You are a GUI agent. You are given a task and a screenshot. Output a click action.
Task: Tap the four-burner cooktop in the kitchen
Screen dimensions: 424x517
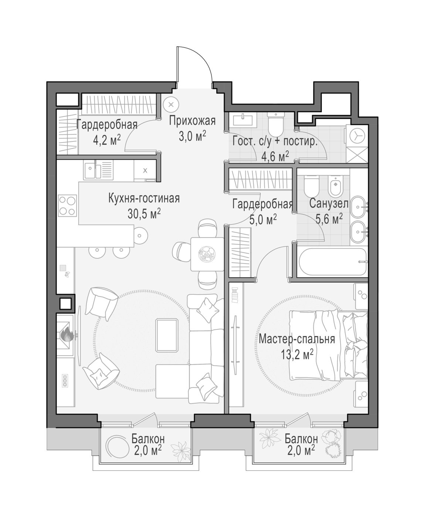click(68, 206)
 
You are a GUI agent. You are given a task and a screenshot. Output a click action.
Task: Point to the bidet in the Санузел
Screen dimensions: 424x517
click(336, 186)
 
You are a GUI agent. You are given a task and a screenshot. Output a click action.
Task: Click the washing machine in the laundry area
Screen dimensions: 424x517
click(357, 136)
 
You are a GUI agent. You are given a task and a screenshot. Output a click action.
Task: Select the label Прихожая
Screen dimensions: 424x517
click(192, 121)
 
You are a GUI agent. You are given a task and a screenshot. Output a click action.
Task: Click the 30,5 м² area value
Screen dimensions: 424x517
click(144, 214)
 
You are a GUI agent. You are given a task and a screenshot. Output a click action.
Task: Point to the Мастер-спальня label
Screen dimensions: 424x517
click(297, 339)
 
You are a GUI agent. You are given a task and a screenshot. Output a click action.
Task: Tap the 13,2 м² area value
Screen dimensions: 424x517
click(297, 355)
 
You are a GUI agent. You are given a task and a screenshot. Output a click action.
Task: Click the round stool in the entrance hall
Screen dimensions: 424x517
click(171, 105)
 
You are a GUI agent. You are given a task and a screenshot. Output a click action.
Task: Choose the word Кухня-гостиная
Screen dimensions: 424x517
click(144, 198)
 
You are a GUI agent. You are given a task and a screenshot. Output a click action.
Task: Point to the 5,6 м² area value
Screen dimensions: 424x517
click(329, 219)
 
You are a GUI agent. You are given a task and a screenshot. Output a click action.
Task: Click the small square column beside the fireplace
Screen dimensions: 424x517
click(65, 304)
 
